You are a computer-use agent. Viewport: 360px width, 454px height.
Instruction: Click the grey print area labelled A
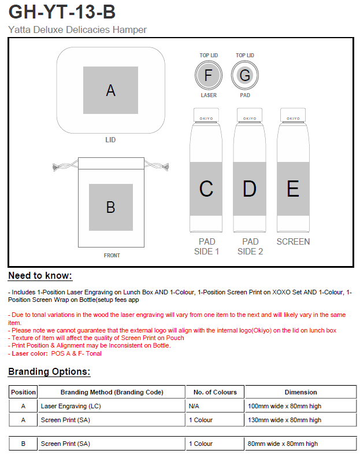tap(110, 90)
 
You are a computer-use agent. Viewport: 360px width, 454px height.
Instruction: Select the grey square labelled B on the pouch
tap(110, 207)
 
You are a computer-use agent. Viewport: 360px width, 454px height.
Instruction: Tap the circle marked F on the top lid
tap(209, 75)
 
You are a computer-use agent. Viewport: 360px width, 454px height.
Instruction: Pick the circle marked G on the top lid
tap(244, 75)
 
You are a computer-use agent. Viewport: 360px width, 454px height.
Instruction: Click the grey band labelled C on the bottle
tap(206, 189)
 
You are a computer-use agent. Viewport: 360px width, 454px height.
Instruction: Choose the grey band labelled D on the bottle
tap(250, 189)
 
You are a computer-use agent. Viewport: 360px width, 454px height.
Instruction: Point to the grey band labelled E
tap(293, 189)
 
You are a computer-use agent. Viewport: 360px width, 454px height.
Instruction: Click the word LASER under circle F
tap(209, 95)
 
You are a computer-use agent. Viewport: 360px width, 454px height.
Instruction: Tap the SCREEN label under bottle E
tap(293, 242)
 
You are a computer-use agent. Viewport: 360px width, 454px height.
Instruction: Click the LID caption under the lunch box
tap(110, 140)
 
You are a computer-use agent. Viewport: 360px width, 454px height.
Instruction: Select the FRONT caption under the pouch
tap(112, 256)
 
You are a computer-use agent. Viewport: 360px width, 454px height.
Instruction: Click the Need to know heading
tap(40, 276)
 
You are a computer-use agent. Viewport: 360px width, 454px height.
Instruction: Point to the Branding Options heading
tap(49, 372)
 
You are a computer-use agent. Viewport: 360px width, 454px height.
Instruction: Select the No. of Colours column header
tap(215, 392)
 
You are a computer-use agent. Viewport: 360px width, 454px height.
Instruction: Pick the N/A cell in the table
tap(194, 407)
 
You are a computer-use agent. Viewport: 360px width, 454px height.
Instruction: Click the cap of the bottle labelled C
tap(206, 115)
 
